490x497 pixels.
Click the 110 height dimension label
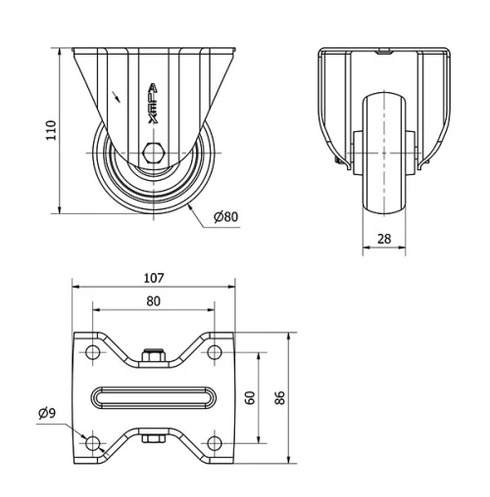50,130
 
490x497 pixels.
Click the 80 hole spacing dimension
153,302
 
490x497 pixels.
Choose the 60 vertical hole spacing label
250,397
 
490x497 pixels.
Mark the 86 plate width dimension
280,398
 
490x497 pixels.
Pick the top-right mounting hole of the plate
213,351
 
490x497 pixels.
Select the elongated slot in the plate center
153,398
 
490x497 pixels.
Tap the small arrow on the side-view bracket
119,96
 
